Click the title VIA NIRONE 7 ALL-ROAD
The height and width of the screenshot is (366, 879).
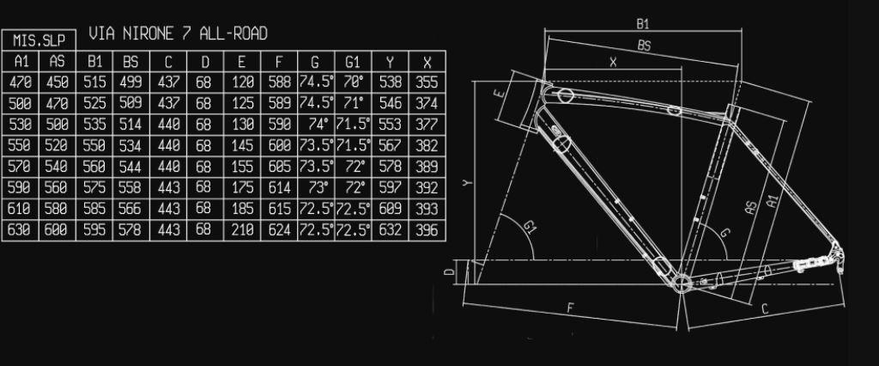tap(178, 34)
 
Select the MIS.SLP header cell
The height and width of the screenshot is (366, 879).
tap(39, 40)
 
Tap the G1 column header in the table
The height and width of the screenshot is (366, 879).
tap(353, 62)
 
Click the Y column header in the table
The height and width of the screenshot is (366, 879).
tap(391, 62)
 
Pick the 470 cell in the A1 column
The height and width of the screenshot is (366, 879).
tap(21, 82)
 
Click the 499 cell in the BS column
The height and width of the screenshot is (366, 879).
tap(130, 82)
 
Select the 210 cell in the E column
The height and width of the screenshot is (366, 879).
tap(242, 230)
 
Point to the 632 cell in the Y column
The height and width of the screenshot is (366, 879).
tap(391, 230)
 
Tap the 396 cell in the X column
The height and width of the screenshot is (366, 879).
tap(427, 230)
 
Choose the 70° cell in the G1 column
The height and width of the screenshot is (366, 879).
tap(353, 82)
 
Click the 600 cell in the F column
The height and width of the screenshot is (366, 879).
tap(279, 145)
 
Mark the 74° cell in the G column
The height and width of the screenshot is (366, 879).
tap(316, 125)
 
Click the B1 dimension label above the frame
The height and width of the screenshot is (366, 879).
tap(642, 23)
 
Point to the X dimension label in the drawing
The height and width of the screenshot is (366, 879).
tap(613, 62)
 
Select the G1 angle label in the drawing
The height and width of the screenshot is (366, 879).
tap(530, 228)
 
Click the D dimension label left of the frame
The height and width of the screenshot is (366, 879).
tap(448, 273)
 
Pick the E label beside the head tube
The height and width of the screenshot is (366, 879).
tap(500, 94)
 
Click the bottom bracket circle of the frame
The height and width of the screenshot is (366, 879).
tap(682, 283)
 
